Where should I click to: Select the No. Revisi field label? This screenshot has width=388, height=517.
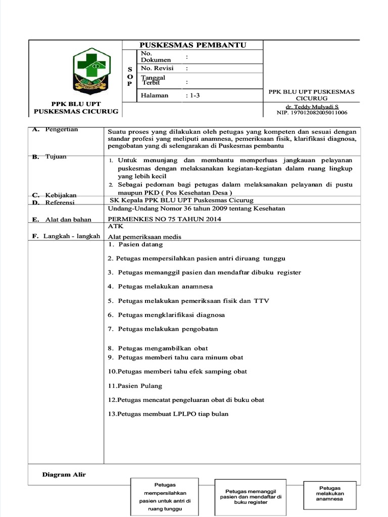(x=157, y=68)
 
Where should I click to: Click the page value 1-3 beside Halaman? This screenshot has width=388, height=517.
(x=193, y=95)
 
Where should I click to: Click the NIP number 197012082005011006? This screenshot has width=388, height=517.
(x=312, y=113)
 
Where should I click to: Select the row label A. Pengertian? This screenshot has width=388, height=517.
(x=55, y=130)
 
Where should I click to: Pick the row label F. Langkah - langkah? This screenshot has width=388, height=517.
(x=66, y=236)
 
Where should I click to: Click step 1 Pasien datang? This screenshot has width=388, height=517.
(x=135, y=244)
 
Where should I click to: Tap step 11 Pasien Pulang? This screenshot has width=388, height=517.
(x=135, y=386)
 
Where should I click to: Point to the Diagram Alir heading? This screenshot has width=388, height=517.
(x=64, y=474)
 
